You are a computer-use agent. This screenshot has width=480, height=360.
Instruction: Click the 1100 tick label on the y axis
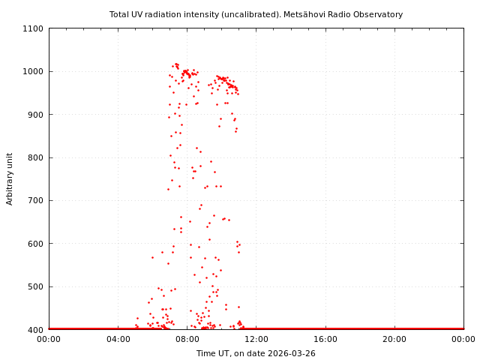(34, 28)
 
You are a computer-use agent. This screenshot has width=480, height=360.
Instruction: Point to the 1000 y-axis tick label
(34, 71)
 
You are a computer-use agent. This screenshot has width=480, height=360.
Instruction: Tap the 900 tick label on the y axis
(36, 115)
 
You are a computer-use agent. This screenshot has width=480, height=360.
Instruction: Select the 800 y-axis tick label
(36, 157)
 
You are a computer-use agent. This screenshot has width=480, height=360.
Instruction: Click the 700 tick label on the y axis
(36, 200)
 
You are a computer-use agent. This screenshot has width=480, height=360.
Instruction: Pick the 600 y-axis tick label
(36, 244)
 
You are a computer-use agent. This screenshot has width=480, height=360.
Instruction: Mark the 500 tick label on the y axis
(36, 286)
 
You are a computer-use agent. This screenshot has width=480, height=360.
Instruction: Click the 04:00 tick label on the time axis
(118, 339)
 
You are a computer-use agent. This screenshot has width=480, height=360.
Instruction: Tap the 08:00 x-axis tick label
(187, 339)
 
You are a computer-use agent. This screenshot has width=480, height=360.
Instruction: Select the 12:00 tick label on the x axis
(256, 339)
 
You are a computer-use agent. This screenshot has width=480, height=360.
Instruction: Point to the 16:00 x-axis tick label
(325, 339)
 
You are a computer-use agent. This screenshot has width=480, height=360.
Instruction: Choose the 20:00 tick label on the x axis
(394, 339)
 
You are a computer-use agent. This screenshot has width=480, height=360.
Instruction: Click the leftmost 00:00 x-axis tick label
(49, 339)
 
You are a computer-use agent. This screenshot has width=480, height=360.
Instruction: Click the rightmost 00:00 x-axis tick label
(463, 339)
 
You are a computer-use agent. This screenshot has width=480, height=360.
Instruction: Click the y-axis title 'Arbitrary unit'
(10, 178)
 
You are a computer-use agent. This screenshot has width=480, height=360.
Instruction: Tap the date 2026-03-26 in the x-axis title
(291, 353)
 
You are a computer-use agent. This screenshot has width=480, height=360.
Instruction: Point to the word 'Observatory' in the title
(379, 14)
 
